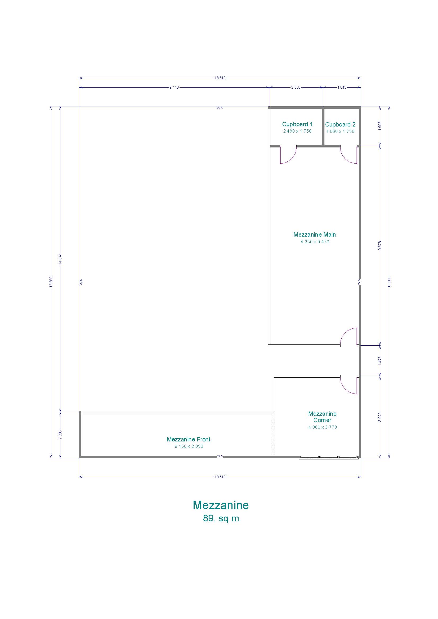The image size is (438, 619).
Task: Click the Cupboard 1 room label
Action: pyautogui.click(x=297, y=124)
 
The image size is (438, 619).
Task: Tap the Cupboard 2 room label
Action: pyautogui.click(x=340, y=125)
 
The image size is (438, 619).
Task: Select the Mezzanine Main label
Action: pyautogui.click(x=315, y=234)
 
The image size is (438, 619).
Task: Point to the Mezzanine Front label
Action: pyautogui.click(x=189, y=440)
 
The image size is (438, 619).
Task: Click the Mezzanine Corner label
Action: pyautogui.click(x=322, y=417)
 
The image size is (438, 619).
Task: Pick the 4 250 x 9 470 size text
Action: pyautogui.click(x=315, y=242)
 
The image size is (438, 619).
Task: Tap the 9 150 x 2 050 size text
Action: pyautogui.click(x=189, y=446)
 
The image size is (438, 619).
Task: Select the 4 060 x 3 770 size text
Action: pyautogui.click(x=323, y=427)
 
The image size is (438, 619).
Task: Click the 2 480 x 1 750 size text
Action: pyautogui.click(x=297, y=131)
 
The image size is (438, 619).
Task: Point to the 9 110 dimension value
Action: pyautogui.click(x=174, y=87)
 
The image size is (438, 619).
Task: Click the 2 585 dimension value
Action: pyautogui.click(x=296, y=87)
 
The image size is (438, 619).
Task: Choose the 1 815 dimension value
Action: pyautogui.click(x=342, y=87)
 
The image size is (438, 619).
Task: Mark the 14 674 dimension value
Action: pyautogui.click(x=60, y=259)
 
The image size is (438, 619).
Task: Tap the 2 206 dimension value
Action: pyautogui.click(x=60, y=435)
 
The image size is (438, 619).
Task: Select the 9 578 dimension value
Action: pyautogui.click(x=380, y=246)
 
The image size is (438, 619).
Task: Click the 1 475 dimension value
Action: pyautogui.click(x=380, y=361)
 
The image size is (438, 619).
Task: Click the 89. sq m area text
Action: pyautogui.click(x=221, y=523)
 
